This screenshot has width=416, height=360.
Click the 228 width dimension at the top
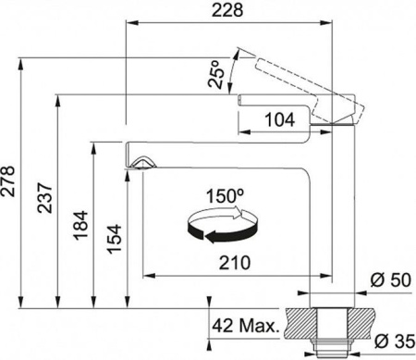227,10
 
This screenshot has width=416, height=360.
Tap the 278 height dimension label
7,181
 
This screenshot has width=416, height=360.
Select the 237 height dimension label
44,198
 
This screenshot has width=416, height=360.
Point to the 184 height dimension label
80,225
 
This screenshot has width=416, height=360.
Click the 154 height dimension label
115,239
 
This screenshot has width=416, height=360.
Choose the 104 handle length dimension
280,119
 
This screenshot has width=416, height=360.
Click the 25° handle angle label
215,74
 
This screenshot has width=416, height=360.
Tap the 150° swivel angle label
225,196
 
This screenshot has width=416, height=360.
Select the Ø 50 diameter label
391,280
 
